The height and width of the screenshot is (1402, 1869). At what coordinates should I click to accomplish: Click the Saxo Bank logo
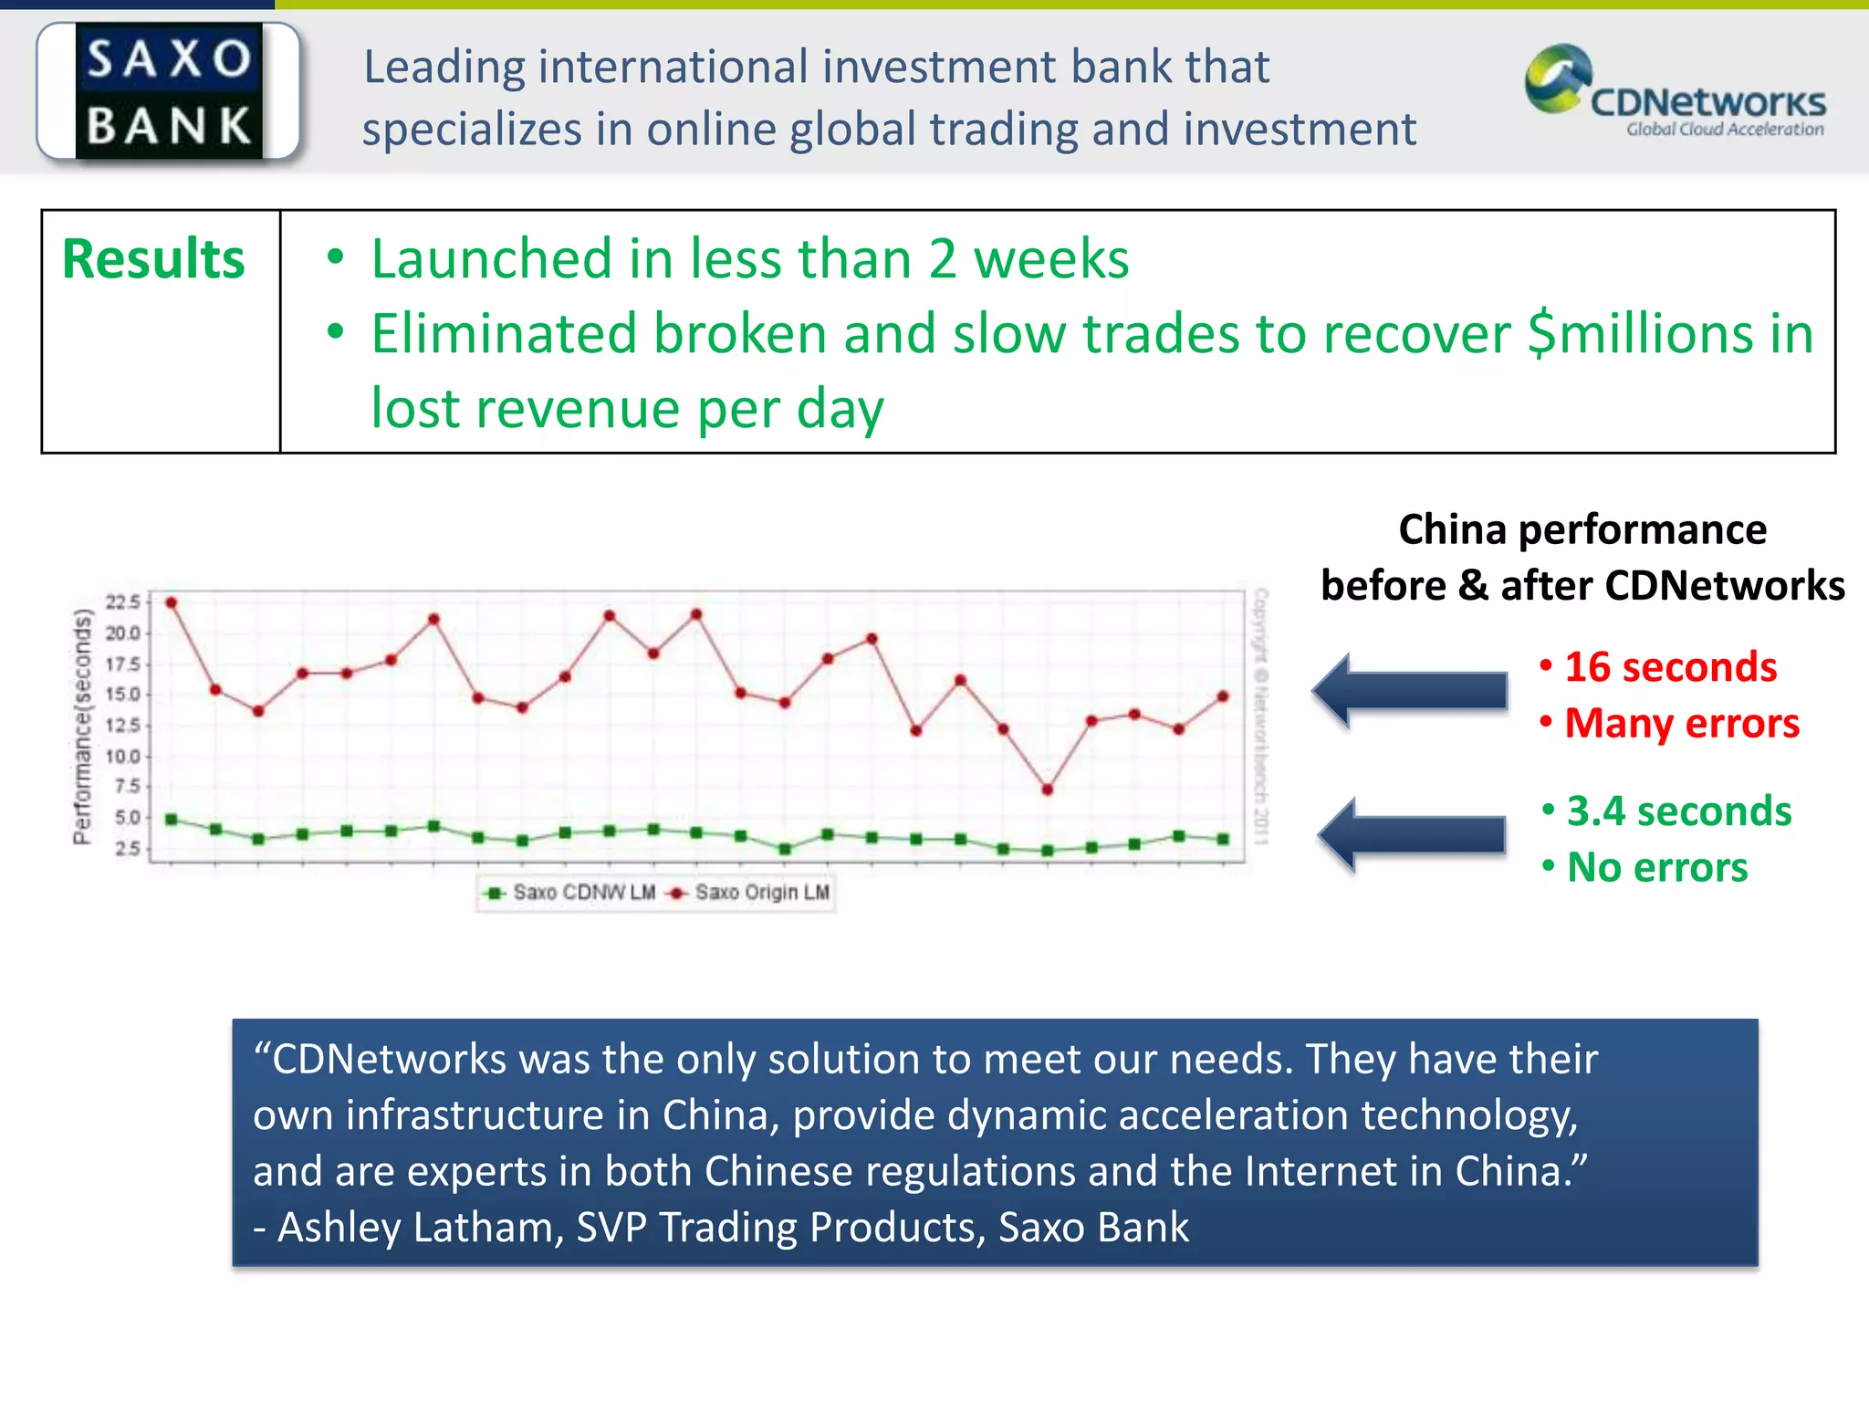(x=169, y=91)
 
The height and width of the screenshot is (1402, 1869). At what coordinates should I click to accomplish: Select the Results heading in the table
(x=153, y=259)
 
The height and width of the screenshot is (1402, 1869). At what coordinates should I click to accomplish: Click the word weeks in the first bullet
(x=1050, y=259)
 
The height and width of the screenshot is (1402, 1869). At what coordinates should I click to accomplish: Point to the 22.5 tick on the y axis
(x=122, y=602)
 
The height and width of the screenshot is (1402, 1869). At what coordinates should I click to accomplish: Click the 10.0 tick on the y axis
(x=122, y=757)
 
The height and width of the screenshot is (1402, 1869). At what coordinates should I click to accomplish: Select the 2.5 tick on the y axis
(x=127, y=849)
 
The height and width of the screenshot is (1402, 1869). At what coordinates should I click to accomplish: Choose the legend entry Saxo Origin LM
(x=752, y=893)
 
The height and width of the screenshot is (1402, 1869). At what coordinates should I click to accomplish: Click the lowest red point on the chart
(x=1047, y=790)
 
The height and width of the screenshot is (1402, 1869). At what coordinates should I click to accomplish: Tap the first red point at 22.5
(x=171, y=602)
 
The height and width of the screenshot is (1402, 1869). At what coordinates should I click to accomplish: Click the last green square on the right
(x=1223, y=839)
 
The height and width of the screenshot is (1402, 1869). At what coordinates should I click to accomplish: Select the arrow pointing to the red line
(x=1410, y=691)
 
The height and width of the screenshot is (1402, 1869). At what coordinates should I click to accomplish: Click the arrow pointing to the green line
(x=1412, y=834)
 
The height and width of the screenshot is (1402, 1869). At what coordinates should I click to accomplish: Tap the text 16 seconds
(x=1670, y=667)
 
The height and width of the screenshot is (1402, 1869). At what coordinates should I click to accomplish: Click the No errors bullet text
(x=1656, y=868)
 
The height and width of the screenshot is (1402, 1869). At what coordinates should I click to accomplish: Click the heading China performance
(x=1582, y=530)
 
